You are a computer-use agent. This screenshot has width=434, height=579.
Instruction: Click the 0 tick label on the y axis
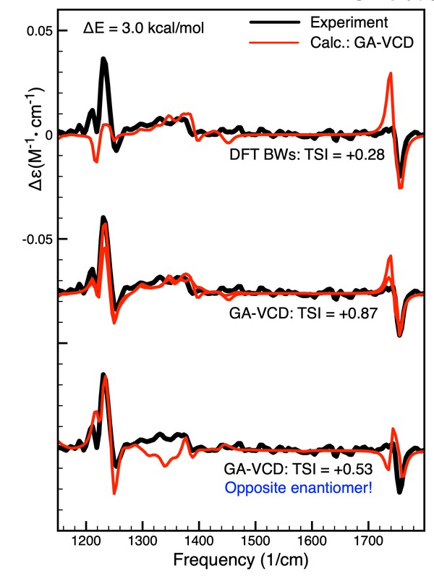coord(48,135)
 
